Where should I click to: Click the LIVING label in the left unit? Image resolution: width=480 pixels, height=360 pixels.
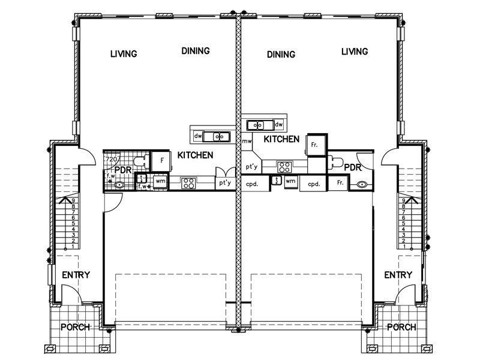pyautogui.click(x=124, y=54)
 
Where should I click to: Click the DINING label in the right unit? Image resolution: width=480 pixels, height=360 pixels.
pyautogui.click(x=281, y=55)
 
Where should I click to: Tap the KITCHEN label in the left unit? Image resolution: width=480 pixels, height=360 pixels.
pyautogui.click(x=196, y=155)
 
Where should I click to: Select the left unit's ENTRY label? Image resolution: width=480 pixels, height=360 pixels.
pyautogui.click(x=76, y=275)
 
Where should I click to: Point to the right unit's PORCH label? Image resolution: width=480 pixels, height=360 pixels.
pyautogui.click(x=401, y=328)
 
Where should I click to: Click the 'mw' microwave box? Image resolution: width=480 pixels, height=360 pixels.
pyautogui.click(x=246, y=142)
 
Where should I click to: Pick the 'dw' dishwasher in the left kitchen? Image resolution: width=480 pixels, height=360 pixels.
pyautogui.click(x=197, y=137)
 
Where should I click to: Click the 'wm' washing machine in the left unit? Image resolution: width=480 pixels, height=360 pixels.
pyautogui.click(x=160, y=181)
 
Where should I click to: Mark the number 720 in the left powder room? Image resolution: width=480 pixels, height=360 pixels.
pyautogui.click(x=110, y=160)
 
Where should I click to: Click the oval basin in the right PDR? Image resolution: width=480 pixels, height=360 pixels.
pyautogui.click(x=362, y=185)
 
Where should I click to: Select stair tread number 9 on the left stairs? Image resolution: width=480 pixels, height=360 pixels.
pyautogui.click(x=72, y=201)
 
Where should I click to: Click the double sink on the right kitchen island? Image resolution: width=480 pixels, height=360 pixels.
pyautogui.click(x=258, y=125)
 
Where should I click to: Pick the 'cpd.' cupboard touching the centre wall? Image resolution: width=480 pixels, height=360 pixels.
pyautogui.click(x=251, y=184)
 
